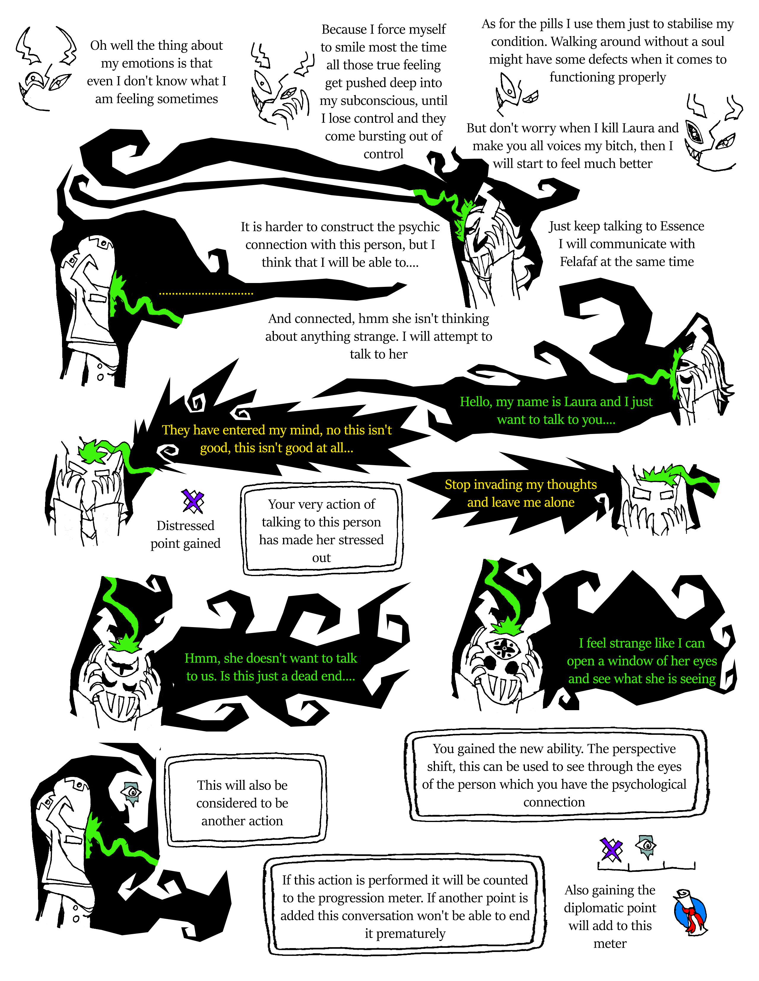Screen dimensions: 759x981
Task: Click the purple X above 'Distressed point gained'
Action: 193,501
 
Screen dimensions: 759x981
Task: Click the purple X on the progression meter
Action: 612,849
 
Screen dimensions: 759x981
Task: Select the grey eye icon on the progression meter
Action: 646,847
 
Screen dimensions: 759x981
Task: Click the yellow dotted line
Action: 206,294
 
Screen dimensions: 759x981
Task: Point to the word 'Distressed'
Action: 185,526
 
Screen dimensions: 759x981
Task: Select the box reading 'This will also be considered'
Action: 245,803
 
